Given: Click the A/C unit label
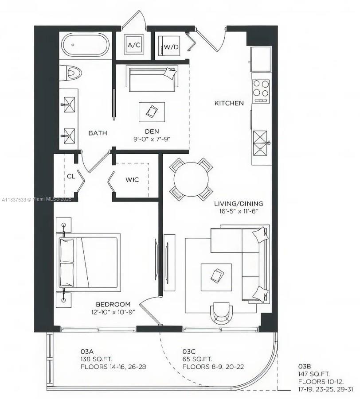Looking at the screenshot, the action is point(134,45).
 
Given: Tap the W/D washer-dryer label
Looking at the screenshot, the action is point(171,47).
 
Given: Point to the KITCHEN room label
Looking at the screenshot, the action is point(229,103).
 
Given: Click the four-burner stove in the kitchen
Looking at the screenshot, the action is point(261,91).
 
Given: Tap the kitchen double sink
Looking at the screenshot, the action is point(260,144).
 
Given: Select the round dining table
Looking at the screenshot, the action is point(191,179).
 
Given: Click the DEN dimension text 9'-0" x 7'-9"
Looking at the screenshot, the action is point(152,139).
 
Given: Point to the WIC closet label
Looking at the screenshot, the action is point(132,180).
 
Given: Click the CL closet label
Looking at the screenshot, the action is point(71,176).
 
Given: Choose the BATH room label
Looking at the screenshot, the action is point(98,133).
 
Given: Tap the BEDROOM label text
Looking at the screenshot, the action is point(113,304).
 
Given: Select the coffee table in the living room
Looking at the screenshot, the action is point(216,277).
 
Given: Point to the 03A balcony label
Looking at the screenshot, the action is point(87,352).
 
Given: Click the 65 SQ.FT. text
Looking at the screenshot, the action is point(197,359).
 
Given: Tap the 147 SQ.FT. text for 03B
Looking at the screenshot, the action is point(314,374).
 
